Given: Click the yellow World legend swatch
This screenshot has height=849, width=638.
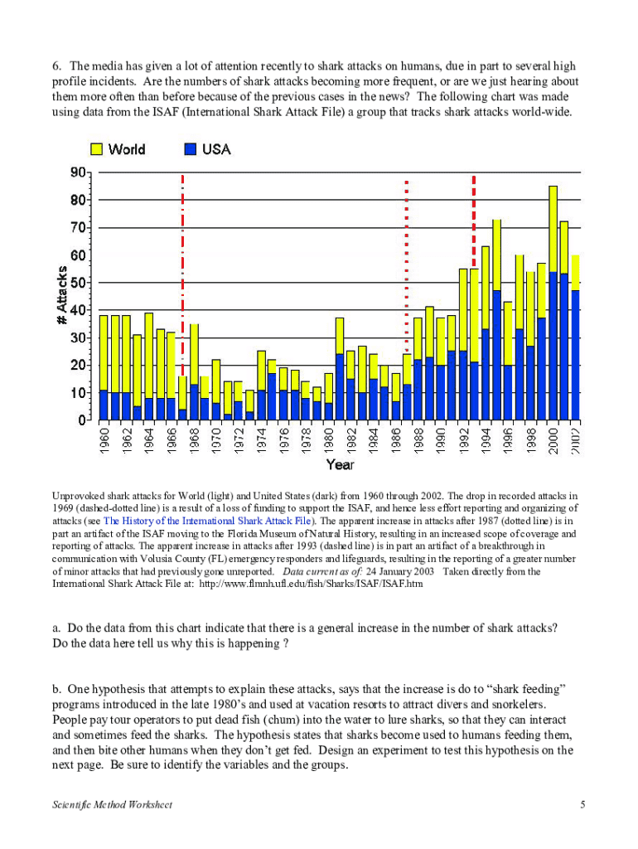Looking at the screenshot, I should coord(96,149).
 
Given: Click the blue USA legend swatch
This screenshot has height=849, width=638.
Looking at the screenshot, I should coord(191,149).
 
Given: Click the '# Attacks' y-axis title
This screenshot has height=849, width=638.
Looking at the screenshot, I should coord(62,295).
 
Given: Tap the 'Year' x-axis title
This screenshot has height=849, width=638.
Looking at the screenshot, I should coord(340,466).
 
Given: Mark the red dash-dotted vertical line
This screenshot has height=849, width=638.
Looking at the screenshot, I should coord(182,249).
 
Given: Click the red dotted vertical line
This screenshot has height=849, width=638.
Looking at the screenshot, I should coord(406,249).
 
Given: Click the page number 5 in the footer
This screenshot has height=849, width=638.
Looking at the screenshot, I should coord(583,806).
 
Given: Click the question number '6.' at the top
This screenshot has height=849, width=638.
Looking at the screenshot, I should coord(57,65).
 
